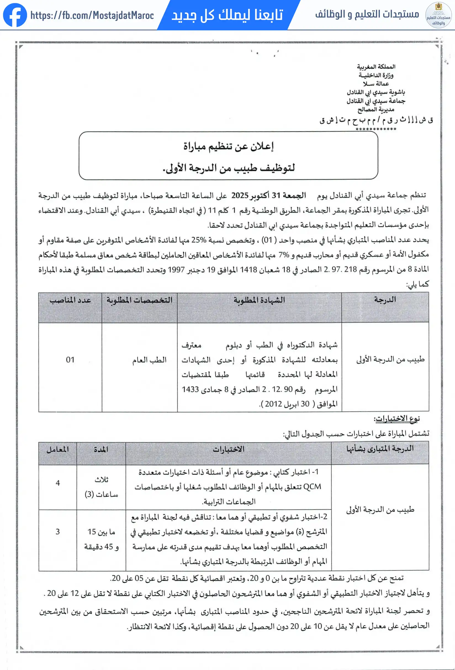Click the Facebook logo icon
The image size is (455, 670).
[x=15, y=15]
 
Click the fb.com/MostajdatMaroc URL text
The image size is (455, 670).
[x=92, y=15]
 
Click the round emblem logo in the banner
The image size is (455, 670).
[x=438, y=15]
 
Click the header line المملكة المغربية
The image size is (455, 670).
[x=376, y=67]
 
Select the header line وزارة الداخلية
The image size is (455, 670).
[x=376, y=75]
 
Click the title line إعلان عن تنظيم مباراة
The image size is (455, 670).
[x=228, y=146]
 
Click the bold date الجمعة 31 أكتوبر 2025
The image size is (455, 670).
[x=268, y=195]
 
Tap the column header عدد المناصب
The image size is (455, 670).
[x=70, y=300]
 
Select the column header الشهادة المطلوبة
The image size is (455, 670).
[x=259, y=300]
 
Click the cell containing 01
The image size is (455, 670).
[x=70, y=359]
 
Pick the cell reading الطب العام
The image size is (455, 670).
[x=149, y=360]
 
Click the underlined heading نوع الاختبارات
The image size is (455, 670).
[x=397, y=418]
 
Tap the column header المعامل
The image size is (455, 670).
[x=58, y=449]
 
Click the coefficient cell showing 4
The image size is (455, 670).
[x=58, y=483]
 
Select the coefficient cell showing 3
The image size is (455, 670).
[x=58, y=532]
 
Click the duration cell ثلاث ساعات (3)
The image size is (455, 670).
[x=101, y=487]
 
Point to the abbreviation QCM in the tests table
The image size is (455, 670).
[x=312, y=487]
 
